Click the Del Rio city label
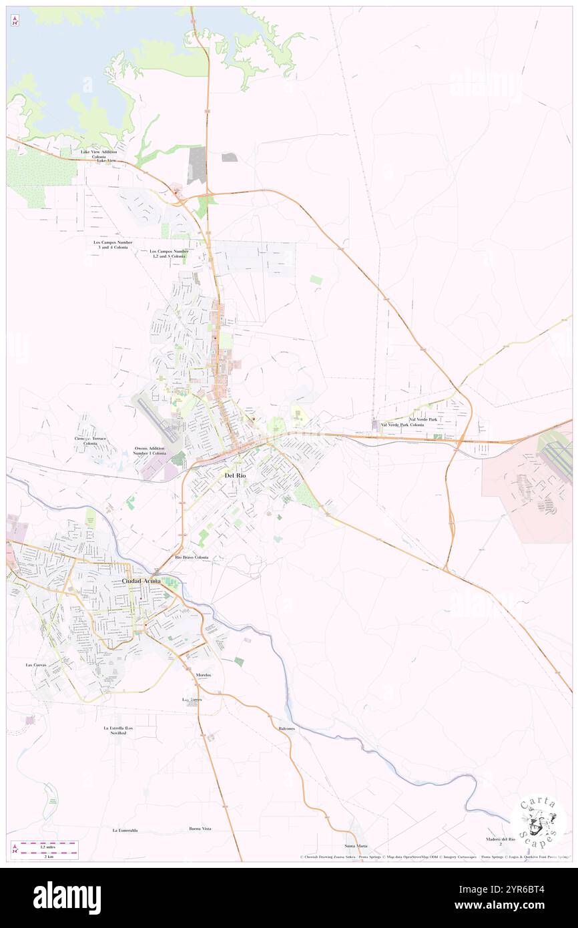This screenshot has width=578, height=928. coord(238,475)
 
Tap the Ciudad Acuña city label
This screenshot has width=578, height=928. coord(141,582)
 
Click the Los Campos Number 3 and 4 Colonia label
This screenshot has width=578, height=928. coord(113,244)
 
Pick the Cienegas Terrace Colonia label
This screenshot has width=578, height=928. coord(90,441)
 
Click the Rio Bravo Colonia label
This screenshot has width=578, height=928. coord(192,557)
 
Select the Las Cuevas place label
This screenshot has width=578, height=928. coord(37,665)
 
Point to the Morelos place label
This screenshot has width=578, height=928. coord(204,676)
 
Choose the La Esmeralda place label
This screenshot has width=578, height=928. coord(125,830)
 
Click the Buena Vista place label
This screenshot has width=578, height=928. coord(200,829)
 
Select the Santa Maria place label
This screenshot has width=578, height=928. coord(356,846)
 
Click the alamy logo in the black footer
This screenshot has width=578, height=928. coord(67,897)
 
